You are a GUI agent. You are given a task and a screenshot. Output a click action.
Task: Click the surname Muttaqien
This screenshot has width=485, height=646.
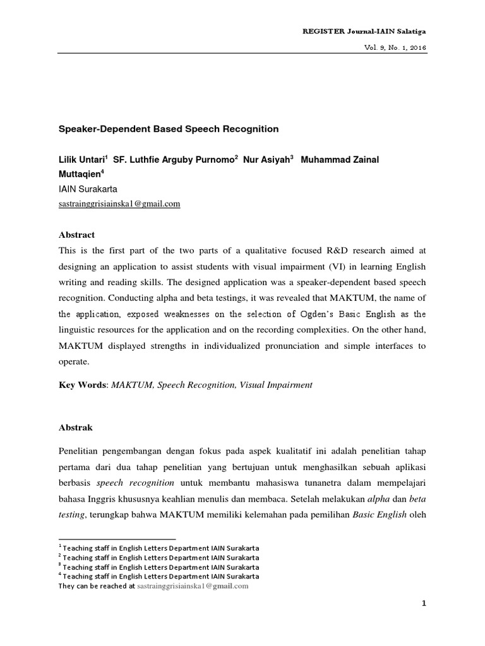80,174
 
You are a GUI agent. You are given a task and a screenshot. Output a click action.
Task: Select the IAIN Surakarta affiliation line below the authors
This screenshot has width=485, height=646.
88,189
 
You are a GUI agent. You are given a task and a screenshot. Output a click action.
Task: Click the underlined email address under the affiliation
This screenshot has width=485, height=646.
119,203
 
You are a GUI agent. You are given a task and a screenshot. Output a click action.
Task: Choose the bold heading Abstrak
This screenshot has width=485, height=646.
75,427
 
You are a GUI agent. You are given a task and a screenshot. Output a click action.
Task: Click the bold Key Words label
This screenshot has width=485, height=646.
82,385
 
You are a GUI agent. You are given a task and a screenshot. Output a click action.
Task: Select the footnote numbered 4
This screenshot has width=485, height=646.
158,576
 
